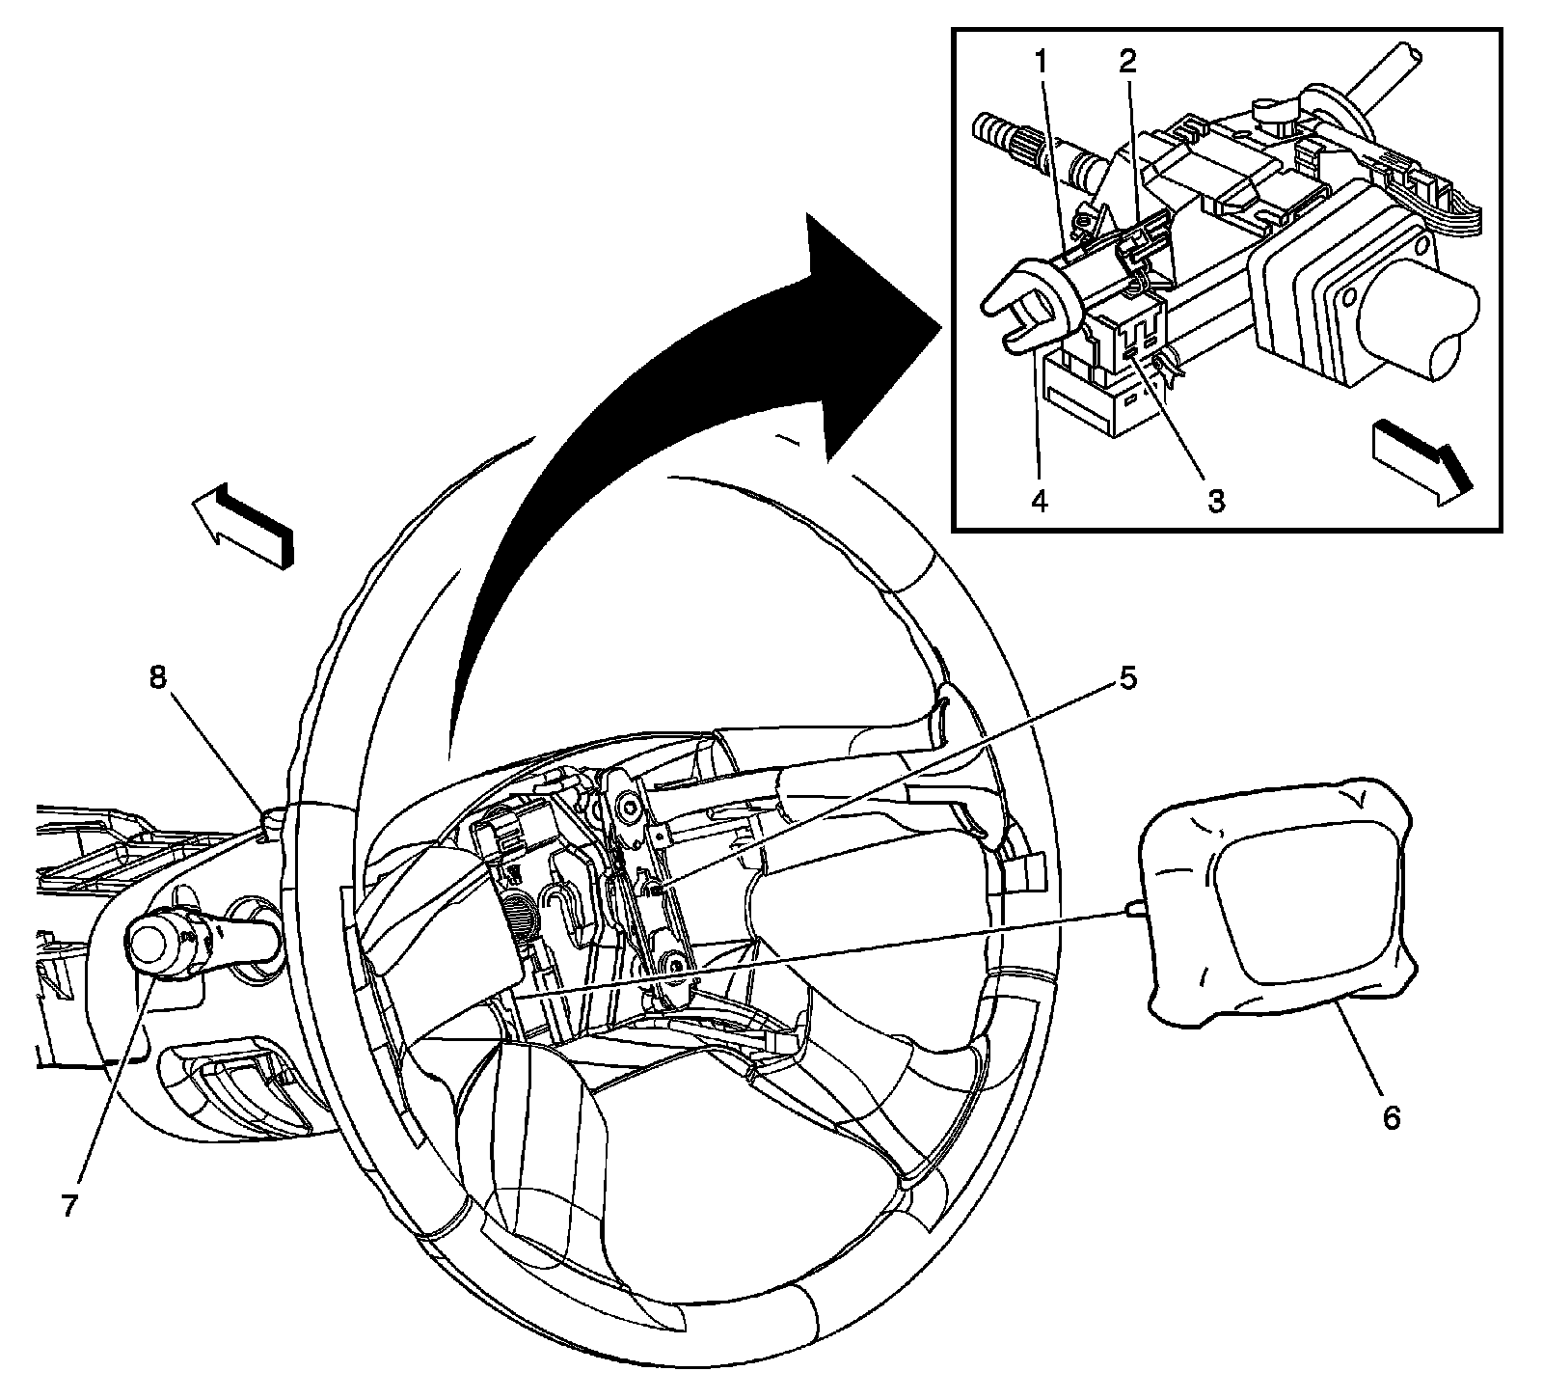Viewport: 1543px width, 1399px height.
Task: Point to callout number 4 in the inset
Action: tap(1041, 500)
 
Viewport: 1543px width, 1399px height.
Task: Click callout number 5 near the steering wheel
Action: tap(1127, 678)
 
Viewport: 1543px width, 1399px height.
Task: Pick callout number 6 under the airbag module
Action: tap(1390, 1117)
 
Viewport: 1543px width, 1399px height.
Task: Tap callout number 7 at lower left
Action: tap(68, 1205)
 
